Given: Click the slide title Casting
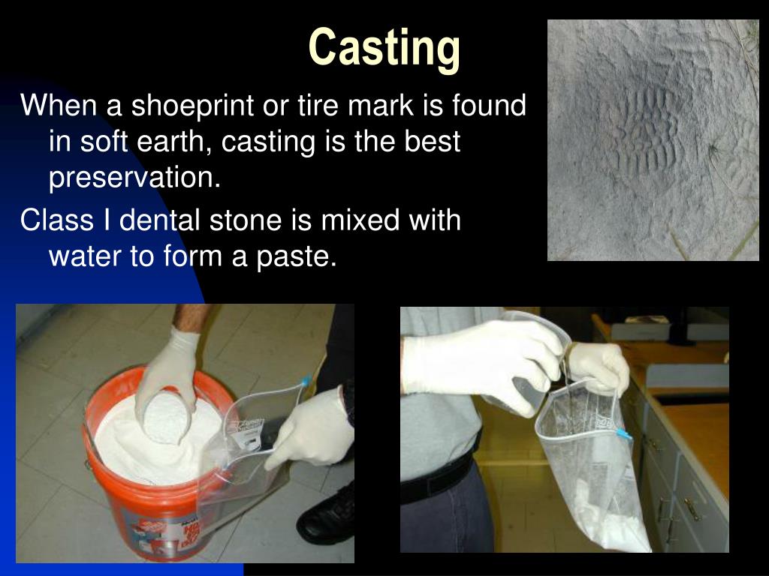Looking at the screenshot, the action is (x=384, y=49).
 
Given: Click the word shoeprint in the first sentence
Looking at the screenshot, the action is (x=193, y=106).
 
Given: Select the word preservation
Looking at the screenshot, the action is (x=135, y=178).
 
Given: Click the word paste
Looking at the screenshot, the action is (x=296, y=257).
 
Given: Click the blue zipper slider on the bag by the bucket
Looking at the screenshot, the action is (x=306, y=382).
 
